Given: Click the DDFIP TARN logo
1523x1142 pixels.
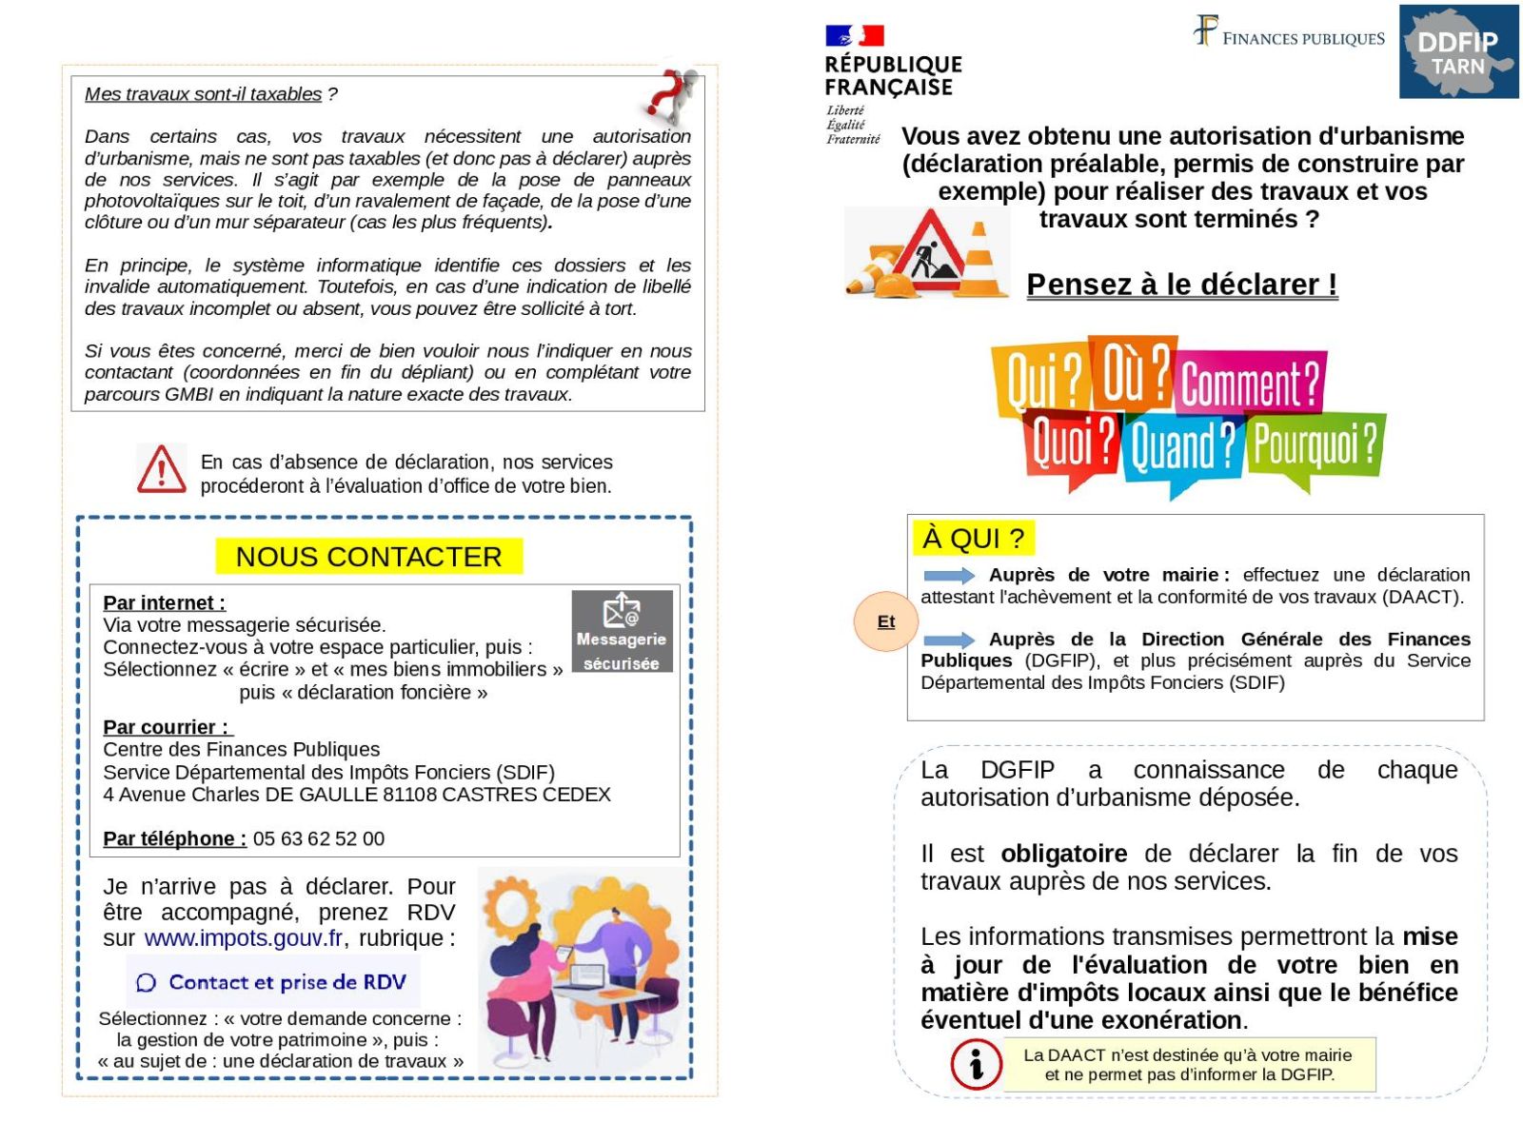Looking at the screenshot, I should pos(1457,52).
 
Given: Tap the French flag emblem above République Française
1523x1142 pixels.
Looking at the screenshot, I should pos(854,36).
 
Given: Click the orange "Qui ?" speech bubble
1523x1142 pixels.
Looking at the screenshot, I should pos(1041,377).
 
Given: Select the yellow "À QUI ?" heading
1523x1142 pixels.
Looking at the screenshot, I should pos(973,539).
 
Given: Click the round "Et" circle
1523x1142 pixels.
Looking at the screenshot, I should pos(885,621).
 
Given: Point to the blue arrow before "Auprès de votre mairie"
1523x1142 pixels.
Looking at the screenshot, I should pos(949,576).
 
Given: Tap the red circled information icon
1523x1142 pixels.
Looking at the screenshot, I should pos(976,1064).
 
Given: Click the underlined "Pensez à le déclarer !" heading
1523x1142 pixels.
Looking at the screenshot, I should pos(1181,285).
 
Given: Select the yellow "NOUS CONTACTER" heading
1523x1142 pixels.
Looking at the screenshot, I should pos(368,557).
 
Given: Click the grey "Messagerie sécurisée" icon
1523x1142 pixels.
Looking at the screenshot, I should pos(622,632).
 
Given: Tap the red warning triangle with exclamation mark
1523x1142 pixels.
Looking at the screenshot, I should pos(162,470).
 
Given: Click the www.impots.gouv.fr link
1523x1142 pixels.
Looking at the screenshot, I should pos(243,938).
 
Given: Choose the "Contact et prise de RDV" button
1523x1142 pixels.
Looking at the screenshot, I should pos(273,982).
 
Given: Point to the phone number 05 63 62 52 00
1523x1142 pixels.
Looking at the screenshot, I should pos(319,839).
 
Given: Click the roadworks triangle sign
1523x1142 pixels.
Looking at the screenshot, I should pos(928,249).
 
